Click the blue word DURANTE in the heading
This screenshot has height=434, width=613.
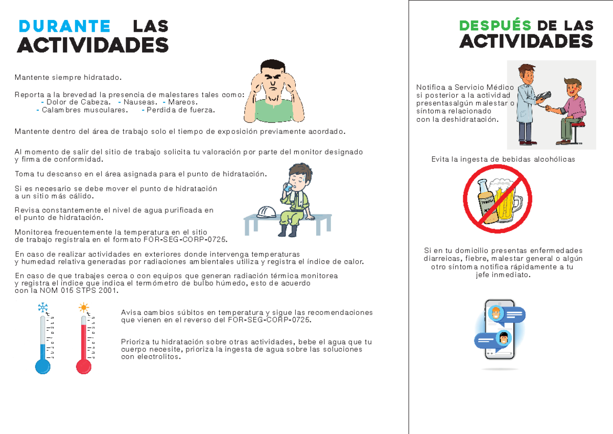coord(64,26)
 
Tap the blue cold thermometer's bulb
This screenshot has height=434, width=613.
coord(42,366)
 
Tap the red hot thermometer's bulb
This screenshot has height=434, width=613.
coord(83,366)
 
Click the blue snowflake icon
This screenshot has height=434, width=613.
coord(43,308)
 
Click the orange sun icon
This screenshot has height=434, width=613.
coord(83,308)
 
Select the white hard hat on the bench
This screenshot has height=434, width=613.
coord(266,212)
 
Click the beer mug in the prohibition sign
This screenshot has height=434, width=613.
coord(506,199)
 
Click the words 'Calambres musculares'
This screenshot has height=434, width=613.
coord(84,110)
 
